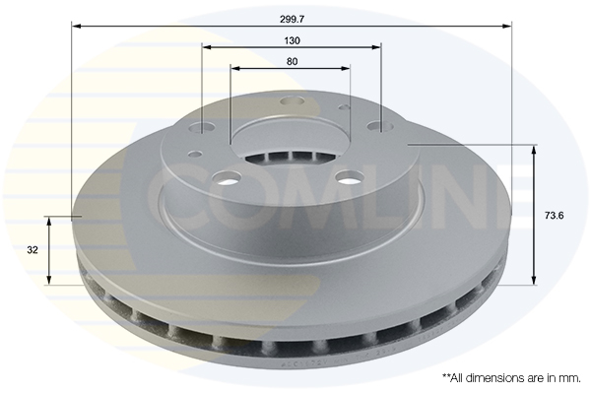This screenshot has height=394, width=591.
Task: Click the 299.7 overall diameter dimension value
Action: pyautogui.click(x=293, y=20)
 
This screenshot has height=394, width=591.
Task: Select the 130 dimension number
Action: pyautogui.click(x=293, y=40)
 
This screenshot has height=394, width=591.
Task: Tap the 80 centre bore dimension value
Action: pyautogui.click(x=293, y=61)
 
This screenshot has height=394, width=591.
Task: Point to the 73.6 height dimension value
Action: pyautogui.click(x=554, y=216)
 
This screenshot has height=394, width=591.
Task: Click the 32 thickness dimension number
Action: pyautogui.click(x=33, y=249)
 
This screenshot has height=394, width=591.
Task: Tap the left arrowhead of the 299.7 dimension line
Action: pyautogui.click(x=77, y=26)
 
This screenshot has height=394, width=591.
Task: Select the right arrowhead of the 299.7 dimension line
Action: pyautogui.click(x=507, y=26)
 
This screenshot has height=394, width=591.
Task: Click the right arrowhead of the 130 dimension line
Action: pyautogui.click(x=376, y=47)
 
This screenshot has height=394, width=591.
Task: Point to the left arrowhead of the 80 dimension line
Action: pyautogui.click(x=235, y=68)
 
